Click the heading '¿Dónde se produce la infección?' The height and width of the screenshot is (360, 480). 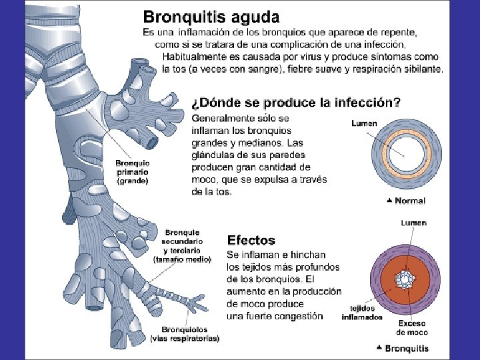point(297,103)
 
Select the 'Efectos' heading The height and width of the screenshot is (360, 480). point(251,240)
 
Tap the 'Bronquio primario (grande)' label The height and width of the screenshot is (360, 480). point(132,171)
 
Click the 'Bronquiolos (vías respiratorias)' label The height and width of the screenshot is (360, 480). point(190,333)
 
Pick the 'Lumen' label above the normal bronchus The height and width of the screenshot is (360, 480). point(365,123)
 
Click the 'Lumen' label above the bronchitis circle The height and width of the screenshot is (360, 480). point(414,223)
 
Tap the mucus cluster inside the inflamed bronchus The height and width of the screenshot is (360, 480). point(405,279)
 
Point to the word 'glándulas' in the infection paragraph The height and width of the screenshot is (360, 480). point(212,155)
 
